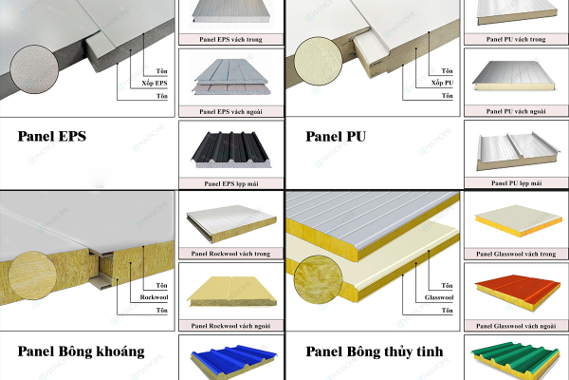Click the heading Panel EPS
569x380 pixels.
(x=51, y=136)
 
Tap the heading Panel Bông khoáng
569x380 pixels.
(x=81, y=351)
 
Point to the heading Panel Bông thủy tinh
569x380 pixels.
(x=374, y=351)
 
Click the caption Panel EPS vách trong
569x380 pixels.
(x=230, y=39)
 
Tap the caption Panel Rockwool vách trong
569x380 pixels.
(x=230, y=253)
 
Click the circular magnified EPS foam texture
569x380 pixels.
(x=35, y=71)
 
